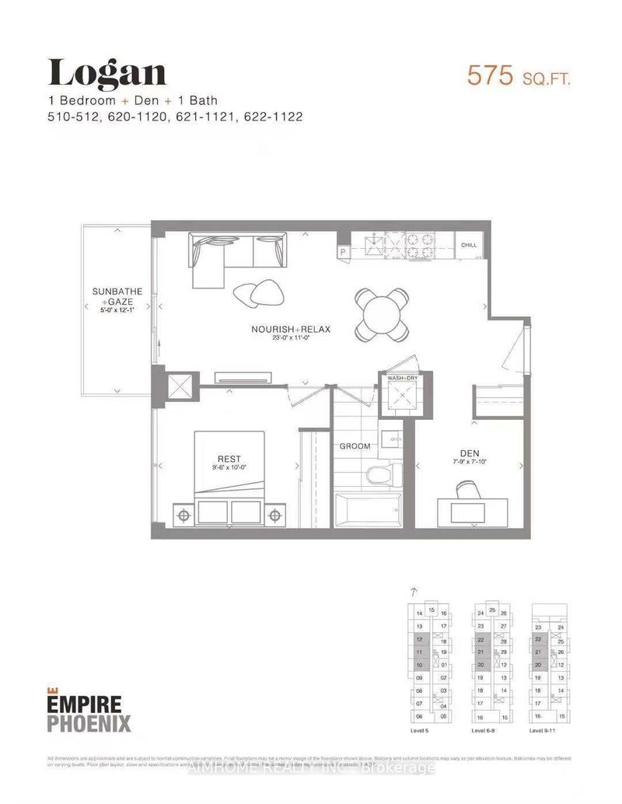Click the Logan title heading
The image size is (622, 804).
pyautogui.click(x=107, y=74)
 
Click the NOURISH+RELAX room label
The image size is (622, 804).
pyautogui.click(x=291, y=329)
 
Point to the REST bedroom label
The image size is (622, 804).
pyautogui.click(x=229, y=459)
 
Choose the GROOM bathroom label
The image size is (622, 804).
pyautogui.click(x=355, y=446)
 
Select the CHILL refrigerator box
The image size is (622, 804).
pyautogui.click(x=469, y=245)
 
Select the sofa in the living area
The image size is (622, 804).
pyautogui.click(x=235, y=253)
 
